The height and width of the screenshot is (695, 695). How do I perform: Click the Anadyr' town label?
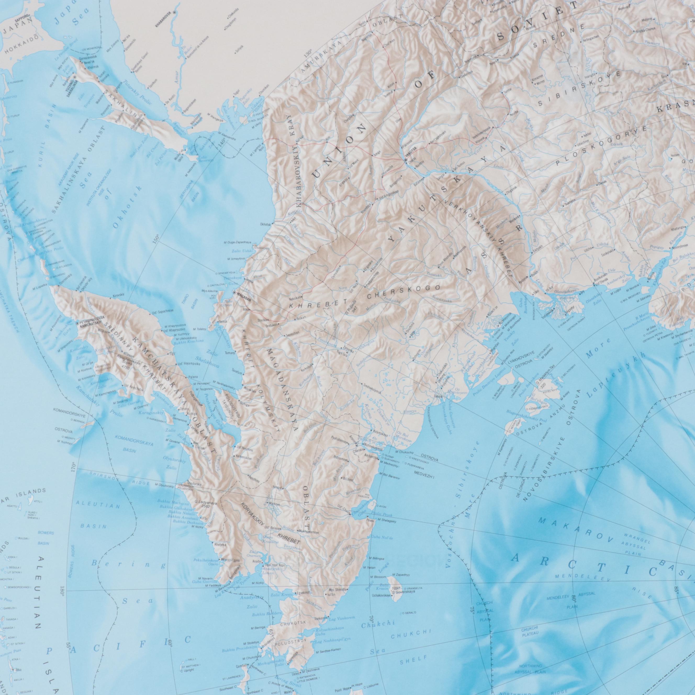tap(256, 561)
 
